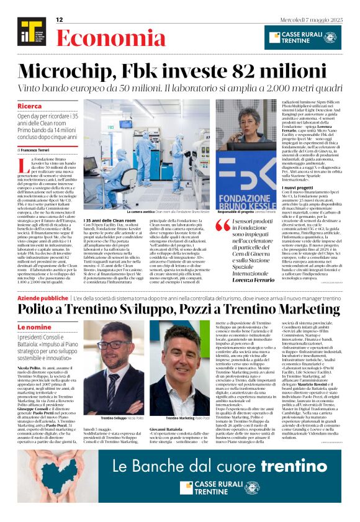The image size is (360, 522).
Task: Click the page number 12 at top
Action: click(60, 20)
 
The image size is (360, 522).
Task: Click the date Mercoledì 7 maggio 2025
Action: click(312, 20)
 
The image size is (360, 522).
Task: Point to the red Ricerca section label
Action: click(30, 106)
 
